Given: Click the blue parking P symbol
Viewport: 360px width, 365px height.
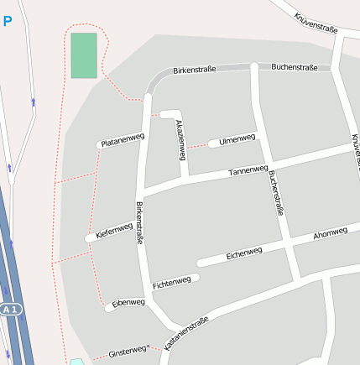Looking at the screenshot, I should [8, 21].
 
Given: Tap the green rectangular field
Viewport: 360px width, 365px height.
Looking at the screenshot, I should [84, 55].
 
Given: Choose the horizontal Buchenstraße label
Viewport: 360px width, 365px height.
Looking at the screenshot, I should [295, 66].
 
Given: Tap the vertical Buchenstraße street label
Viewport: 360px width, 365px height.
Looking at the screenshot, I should [276, 194].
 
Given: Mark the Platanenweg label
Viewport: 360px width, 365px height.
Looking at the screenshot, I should [123, 140].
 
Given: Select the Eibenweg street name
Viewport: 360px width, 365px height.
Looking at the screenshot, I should [128, 302].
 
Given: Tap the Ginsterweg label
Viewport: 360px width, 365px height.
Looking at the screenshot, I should [127, 353].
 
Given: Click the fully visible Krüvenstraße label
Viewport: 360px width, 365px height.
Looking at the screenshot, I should [316, 23].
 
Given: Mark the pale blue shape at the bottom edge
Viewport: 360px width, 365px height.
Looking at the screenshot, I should [76, 362].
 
